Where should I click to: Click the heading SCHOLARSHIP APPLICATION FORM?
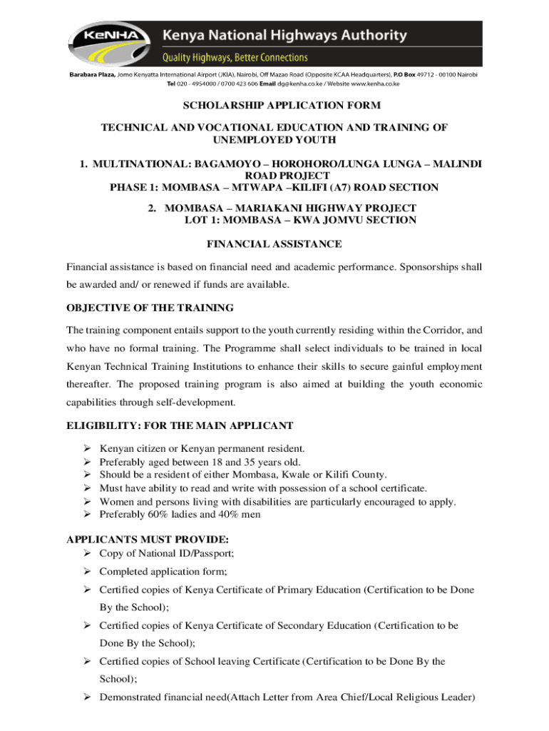click(x=274, y=106)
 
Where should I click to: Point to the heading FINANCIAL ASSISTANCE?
click(x=274, y=244)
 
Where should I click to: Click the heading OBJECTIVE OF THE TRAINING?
click(x=150, y=308)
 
